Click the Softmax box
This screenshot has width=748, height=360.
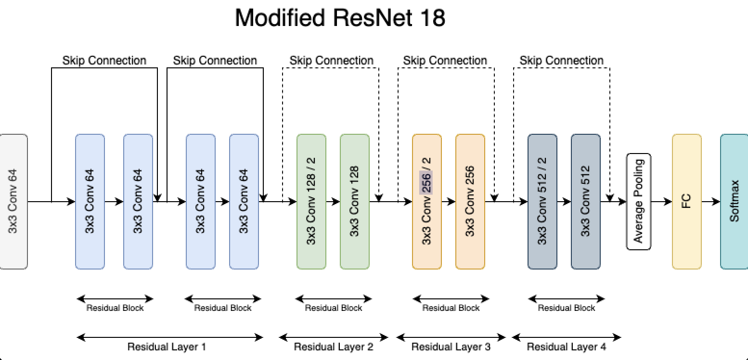pos(735,201)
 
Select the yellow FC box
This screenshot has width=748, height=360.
pos(686,201)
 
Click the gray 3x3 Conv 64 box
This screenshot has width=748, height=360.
pos(13,201)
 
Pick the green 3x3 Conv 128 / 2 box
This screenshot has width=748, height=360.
pos(311,201)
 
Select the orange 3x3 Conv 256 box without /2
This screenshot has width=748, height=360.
pos(470,201)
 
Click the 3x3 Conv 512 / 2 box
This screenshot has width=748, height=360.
pos(542,201)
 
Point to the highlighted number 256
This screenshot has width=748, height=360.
pos(426,182)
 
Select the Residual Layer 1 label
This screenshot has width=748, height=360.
pos(167,347)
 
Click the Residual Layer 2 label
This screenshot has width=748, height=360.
pos(333,347)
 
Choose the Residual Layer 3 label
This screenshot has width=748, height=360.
pos(451,347)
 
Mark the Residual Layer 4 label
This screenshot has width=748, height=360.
pos(566,347)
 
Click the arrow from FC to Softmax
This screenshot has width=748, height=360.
pos(710,201)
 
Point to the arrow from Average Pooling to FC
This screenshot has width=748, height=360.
pos(661,201)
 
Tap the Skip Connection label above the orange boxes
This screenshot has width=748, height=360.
pos(445,61)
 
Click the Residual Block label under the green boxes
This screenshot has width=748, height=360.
pos(333,308)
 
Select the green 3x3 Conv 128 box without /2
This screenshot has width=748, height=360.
pos(354,201)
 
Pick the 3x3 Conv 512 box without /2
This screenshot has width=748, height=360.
pos(585,201)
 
